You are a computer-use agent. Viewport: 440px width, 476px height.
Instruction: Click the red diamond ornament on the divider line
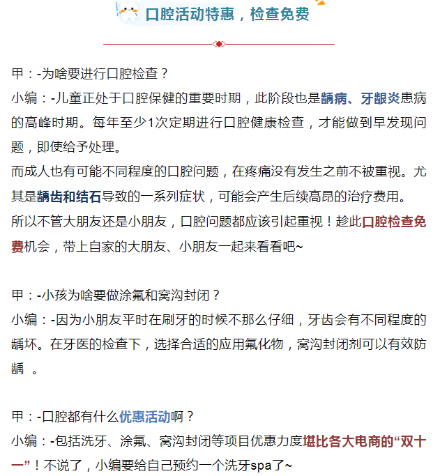(219, 44)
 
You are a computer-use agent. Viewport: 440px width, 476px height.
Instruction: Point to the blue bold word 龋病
(334, 98)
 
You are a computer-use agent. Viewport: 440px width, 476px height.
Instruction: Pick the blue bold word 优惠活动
(144, 417)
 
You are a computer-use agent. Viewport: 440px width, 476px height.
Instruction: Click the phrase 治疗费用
(376, 197)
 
